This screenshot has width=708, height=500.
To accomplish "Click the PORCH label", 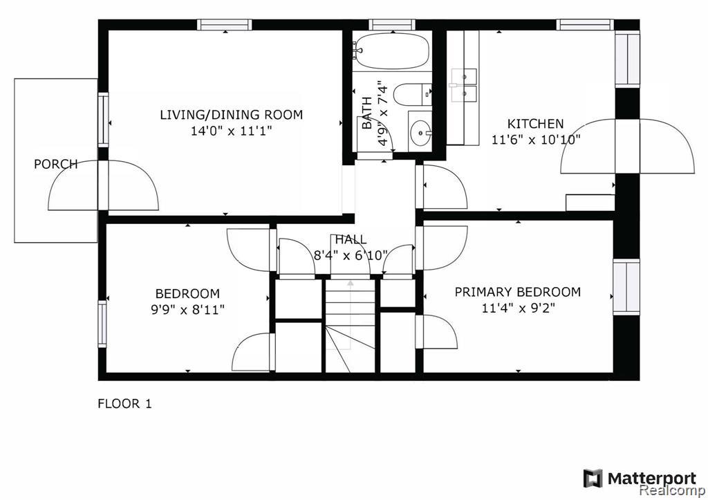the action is point(56,164).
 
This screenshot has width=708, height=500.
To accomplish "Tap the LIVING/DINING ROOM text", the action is point(231,115).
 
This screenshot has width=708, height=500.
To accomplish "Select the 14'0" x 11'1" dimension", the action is point(231,131).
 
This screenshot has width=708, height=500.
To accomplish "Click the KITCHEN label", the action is point(536,124).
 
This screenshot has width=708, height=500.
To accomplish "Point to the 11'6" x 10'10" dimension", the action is point(536,140).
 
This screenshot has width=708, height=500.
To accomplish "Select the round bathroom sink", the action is point(420,133).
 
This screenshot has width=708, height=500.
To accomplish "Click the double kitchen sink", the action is point(463,84).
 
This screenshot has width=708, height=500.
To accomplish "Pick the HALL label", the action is point(351,239).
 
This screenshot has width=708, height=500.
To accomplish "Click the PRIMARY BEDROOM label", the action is point(517,293).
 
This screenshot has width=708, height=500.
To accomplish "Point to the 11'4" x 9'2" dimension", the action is point(519,308).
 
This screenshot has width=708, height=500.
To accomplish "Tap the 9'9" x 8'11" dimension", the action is point(188,310).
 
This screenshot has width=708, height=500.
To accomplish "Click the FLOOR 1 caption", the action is point(124,403).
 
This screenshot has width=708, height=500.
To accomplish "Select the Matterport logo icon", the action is point(593,479).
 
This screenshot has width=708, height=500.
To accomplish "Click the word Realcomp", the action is point(673,490).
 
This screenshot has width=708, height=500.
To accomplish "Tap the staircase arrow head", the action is point(351,284).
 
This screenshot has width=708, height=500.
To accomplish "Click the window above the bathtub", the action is point(392,24).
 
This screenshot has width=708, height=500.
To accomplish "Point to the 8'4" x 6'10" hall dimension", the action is point(351,256).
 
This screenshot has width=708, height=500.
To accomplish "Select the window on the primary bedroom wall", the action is point(626,287).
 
